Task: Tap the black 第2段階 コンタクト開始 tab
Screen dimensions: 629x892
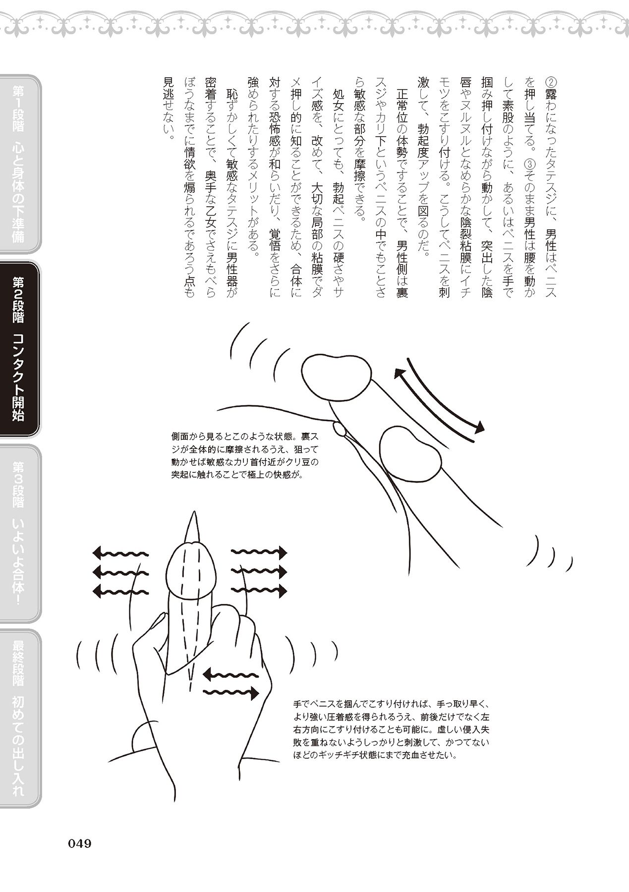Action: coord(19,349)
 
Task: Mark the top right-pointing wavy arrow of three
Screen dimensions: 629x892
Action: coord(259,552)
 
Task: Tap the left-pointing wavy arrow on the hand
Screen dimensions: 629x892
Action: coord(231,673)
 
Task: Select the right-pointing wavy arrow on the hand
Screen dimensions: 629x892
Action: coord(231,693)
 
